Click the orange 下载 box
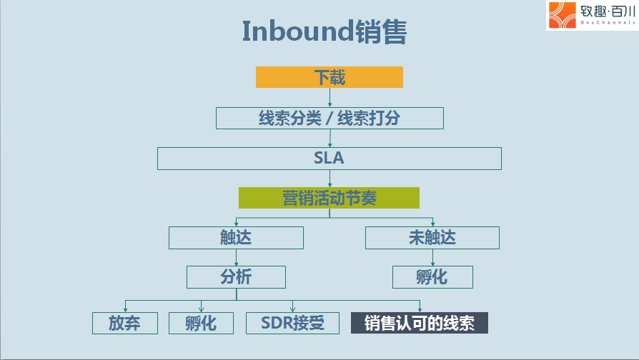click(x=330, y=77)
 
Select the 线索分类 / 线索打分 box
click(x=330, y=118)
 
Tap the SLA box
click(x=330, y=159)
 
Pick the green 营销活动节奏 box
click(x=329, y=198)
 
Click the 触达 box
click(x=236, y=237)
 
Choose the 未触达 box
click(x=432, y=237)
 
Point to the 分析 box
click(x=236, y=277)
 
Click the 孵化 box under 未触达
click(x=432, y=277)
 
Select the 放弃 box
click(x=124, y=323)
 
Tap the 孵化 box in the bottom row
click(x=201, y=323)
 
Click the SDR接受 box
click(x=292, y=323)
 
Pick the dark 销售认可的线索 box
click(x=420, y=323)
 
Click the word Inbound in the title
click(x=298, y=31)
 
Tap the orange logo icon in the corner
click(x=562, y=15)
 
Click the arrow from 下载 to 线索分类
click(x=330, y=97)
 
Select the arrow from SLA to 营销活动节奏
click(x=330, y=179)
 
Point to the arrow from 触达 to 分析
click(x=236, y=257)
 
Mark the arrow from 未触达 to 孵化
click(x=432, y=257)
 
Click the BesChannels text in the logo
click(x=608, y=23)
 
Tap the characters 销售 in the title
click(x=381, y=31)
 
